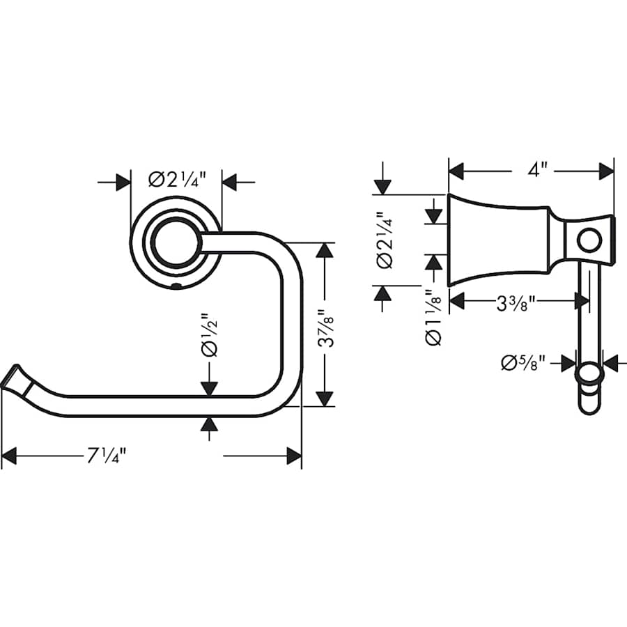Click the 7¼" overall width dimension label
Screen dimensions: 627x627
pos(106,457)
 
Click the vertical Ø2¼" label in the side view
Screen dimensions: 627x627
pos(385,240)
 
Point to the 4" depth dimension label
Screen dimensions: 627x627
pos(537,169)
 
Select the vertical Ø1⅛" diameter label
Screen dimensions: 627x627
pos(433,317)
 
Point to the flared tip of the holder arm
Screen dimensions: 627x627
pos(15,378)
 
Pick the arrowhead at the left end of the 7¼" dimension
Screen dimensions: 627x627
pos(9,457)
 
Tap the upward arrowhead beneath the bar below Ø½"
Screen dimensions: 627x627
pos(210,424)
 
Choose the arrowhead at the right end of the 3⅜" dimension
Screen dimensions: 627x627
pos(582,302)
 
